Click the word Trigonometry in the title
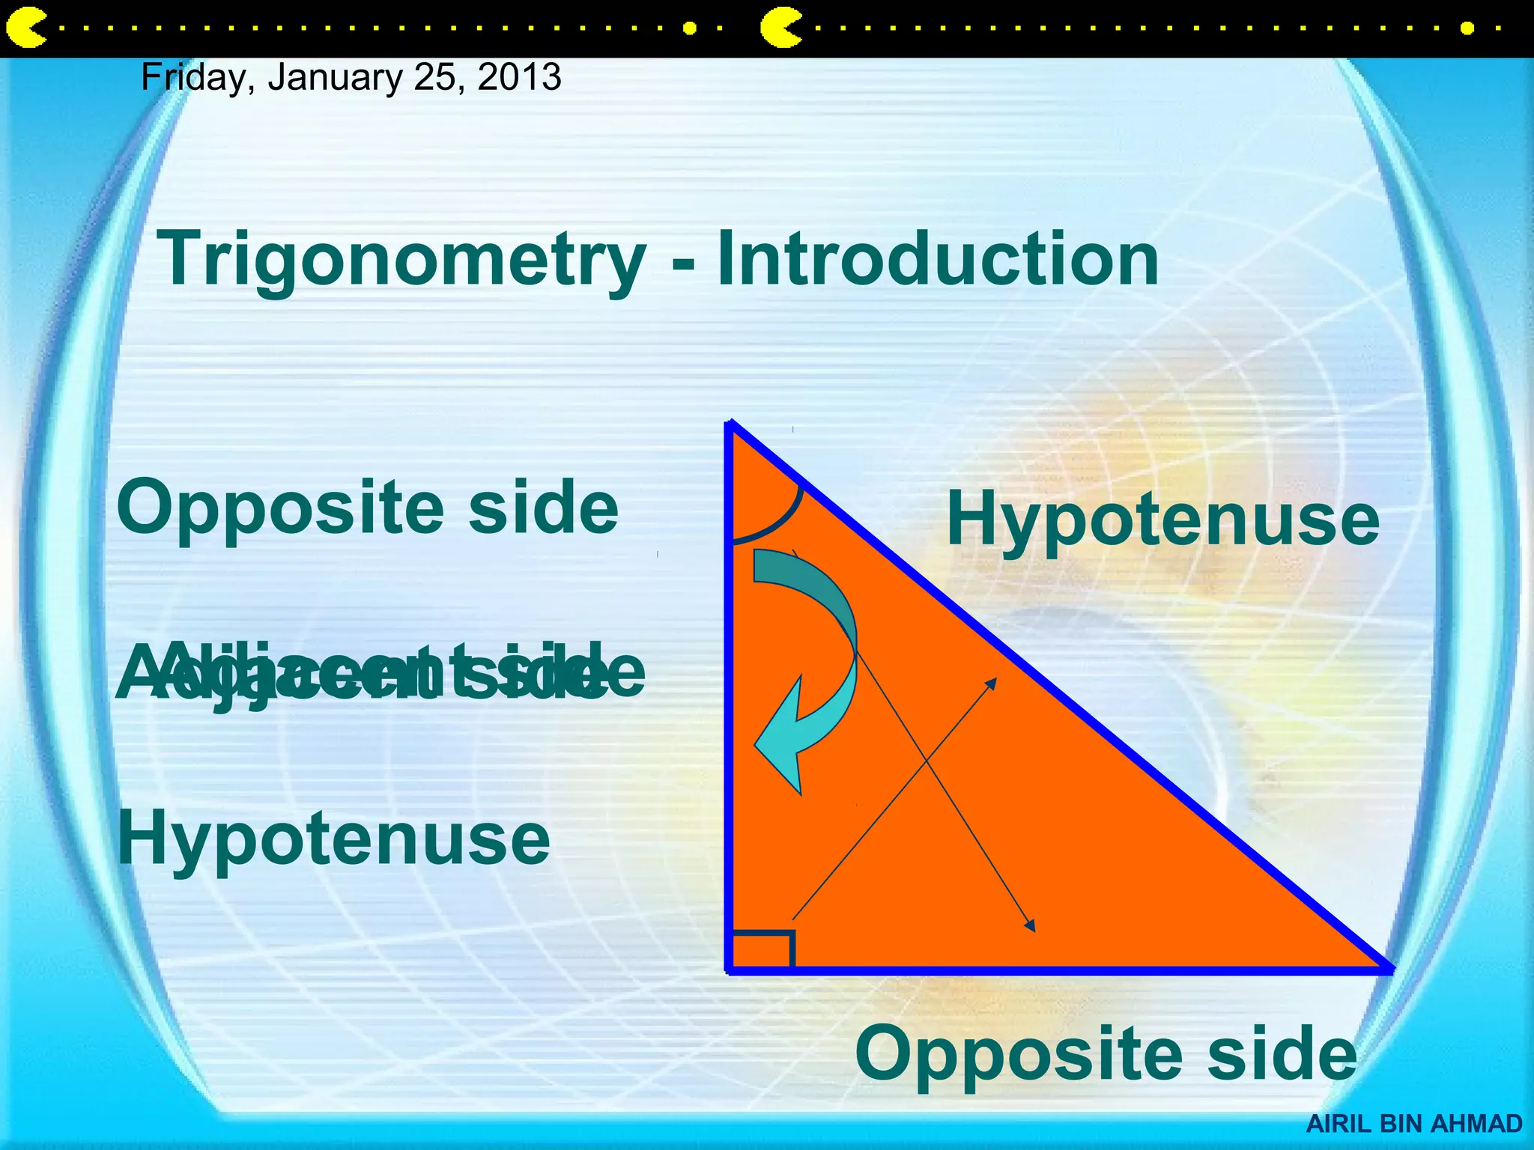coord(401,259)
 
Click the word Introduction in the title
coord(938,259)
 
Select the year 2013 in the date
coord(519,77)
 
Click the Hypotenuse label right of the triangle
coord(1162,520)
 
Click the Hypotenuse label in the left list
coord(333,839)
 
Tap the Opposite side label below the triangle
coord(1106,1053)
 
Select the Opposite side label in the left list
coord(368,508)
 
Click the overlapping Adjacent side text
coord(379,672)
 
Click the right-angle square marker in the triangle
coord(761,949)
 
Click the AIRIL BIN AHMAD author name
coord(1414,1124)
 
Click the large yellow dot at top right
coord(1467,28)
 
